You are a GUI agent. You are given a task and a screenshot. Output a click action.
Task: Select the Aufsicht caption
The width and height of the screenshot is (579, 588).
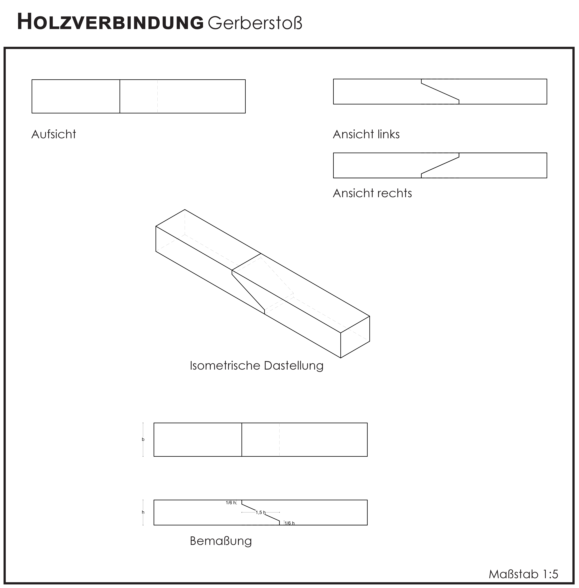54,134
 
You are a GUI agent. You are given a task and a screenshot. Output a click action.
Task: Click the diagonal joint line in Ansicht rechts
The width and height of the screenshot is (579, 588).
440,165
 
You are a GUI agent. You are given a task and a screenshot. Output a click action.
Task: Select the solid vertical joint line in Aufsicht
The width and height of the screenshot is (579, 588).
120,96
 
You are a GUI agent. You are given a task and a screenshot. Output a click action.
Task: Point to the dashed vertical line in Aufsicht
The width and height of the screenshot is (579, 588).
158,96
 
